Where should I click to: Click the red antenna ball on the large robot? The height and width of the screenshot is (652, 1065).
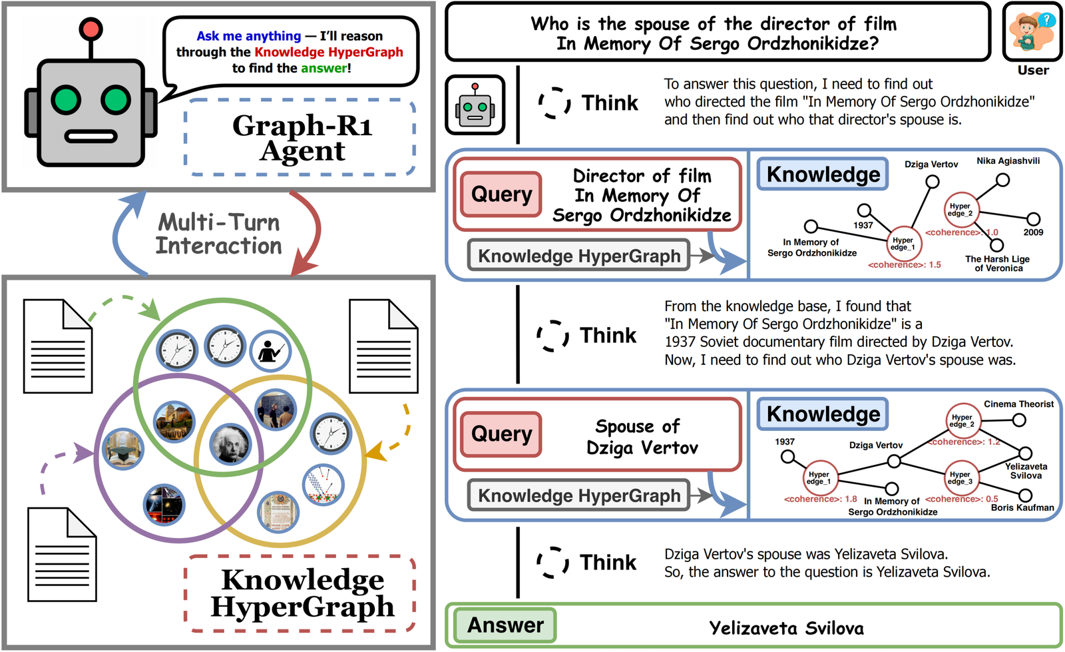coord(90,29)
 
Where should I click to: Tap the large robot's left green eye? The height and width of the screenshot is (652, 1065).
coord(66,101)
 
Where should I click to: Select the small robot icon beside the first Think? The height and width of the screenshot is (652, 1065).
coord(475,105)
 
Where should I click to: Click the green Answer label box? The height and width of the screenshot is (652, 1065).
coord(505,625)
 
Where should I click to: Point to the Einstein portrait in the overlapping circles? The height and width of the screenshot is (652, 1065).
coord(230,444)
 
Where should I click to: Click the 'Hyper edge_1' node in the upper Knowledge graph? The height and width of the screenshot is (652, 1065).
coord(903,244)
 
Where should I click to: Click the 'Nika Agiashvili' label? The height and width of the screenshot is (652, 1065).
coord(1008,161)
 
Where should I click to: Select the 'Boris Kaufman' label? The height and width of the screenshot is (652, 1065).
coord(1022,507)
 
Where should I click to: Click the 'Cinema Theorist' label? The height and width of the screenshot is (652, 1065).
coord(1018,404)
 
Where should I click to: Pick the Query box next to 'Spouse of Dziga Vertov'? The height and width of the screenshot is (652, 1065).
coord(501,434)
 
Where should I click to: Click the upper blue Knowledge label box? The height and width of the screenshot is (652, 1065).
coord(823,174)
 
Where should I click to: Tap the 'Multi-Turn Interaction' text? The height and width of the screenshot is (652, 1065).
coord(219,234)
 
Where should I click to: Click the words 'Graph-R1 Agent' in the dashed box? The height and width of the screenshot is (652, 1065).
coord(302,138)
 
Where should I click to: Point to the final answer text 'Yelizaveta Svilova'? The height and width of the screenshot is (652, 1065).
coord(786,628)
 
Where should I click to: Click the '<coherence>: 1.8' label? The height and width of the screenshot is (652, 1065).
coord(820,499)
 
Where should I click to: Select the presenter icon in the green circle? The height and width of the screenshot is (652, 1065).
coord(270,350)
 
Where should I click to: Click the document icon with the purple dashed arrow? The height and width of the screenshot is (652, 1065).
coord(63,554)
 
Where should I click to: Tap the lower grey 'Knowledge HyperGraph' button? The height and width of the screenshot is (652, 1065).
coord(578,495)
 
